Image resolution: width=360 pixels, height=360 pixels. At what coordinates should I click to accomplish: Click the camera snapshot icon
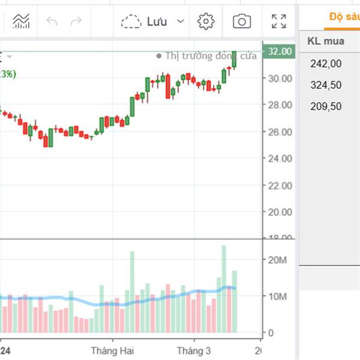click(x=242, y=22)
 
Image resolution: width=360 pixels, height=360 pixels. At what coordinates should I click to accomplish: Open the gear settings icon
click(x=206, y=22)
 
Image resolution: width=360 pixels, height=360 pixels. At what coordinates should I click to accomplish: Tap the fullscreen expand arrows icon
click(x=278, y=22)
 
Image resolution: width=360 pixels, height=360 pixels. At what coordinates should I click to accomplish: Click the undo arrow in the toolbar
click(x=52, y=22)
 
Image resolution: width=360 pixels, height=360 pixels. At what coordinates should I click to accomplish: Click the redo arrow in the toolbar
click(x=76, y=22)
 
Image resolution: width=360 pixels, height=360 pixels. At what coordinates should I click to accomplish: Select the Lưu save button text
click(x=157, y=22)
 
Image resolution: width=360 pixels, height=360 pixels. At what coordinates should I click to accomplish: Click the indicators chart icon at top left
click(x=21, y=22)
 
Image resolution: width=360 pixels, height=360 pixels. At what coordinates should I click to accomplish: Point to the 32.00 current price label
click(x=280, y=52)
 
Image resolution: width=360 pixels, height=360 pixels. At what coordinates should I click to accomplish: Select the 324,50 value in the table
click(x=326, y=85)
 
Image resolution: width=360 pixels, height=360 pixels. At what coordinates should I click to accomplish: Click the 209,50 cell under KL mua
click(x=326, y=106)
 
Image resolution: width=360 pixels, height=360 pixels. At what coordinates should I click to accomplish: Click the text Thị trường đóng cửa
click(x=211, y=56)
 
